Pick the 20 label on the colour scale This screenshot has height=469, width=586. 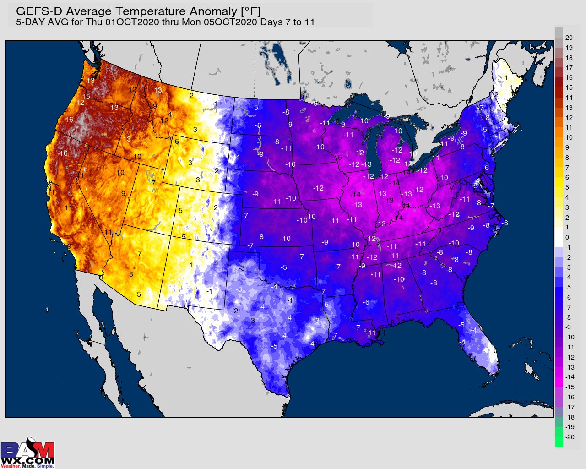click(x=569, y=38)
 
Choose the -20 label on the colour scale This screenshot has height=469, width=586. click(x=570, y=437)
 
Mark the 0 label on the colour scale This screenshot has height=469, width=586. click(x=567, y=237)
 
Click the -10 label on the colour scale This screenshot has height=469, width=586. click(x=570, y=337)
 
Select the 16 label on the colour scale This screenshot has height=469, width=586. click(x=569, y=77)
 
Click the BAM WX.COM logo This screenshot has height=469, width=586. click(x=27, y=451)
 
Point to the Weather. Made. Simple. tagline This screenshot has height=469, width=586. click(x=27, y=466)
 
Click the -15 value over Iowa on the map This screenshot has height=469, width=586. click(x=337, y=158)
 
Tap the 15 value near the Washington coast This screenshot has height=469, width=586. click(x=86, y=97)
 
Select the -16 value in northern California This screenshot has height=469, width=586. click(x=63, y=153)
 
